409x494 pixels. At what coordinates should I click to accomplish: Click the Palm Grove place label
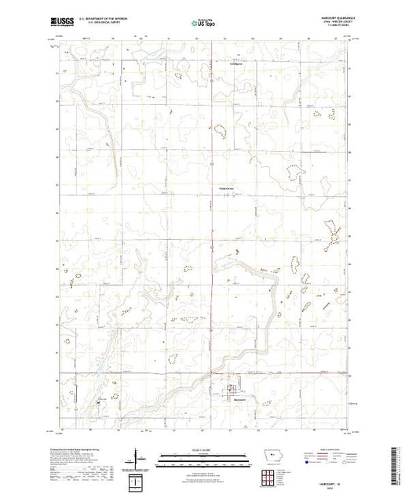(224, 187)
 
